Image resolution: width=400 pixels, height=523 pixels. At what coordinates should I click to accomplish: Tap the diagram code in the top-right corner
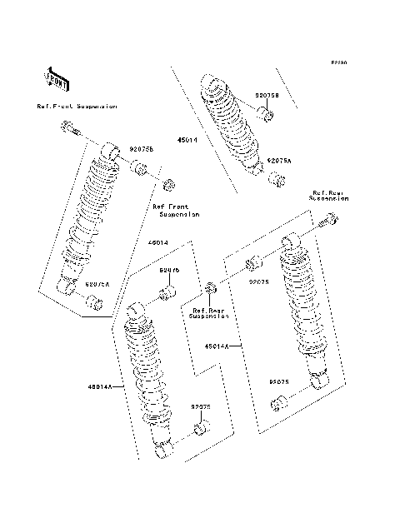click(337, 62)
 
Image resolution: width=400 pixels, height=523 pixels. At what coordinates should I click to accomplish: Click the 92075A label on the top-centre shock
click(279, 159)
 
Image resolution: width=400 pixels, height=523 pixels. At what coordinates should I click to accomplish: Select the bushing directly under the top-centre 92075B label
click(265, 112)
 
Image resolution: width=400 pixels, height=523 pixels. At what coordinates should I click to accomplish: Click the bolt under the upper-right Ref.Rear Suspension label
click(329, 222)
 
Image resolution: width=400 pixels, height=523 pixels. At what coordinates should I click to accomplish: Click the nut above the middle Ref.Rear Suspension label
click(211, 289)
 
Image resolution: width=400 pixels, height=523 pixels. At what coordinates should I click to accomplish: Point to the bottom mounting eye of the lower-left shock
click(162, 451)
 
